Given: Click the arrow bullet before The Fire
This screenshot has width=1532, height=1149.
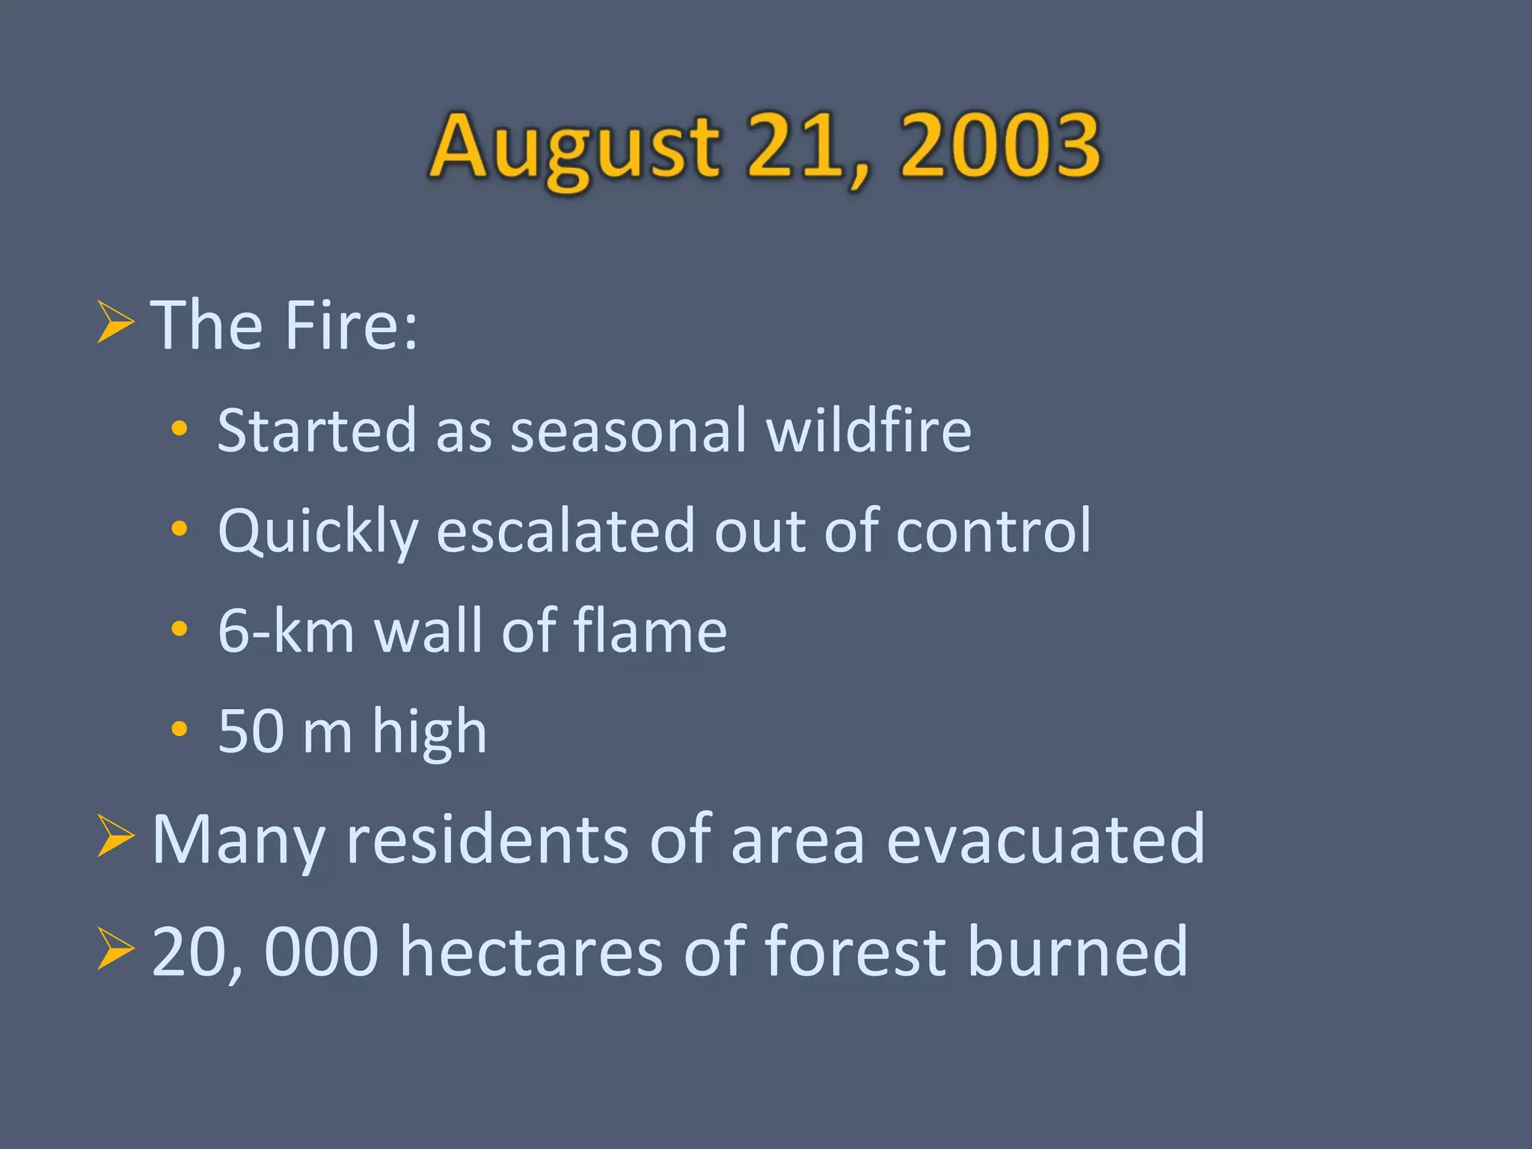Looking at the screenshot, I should point(116,323).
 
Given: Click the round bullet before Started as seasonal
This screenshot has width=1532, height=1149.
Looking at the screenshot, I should point(180,429).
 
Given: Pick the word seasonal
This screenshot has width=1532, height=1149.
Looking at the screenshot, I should point(628,432).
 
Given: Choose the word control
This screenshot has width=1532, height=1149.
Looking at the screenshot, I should point(993,531).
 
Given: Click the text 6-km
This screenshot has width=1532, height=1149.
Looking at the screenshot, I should point(285,631).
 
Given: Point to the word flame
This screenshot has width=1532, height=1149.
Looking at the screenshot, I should point(650,630).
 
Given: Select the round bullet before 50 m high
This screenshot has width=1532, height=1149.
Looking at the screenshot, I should point(180,729).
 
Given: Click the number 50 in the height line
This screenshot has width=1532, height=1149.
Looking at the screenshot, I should point(251,732).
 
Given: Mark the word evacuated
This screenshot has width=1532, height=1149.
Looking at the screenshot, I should point(1045,840).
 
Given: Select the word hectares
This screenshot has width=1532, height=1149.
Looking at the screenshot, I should point(531,952).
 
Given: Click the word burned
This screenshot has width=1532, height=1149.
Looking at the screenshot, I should point(1077,952).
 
